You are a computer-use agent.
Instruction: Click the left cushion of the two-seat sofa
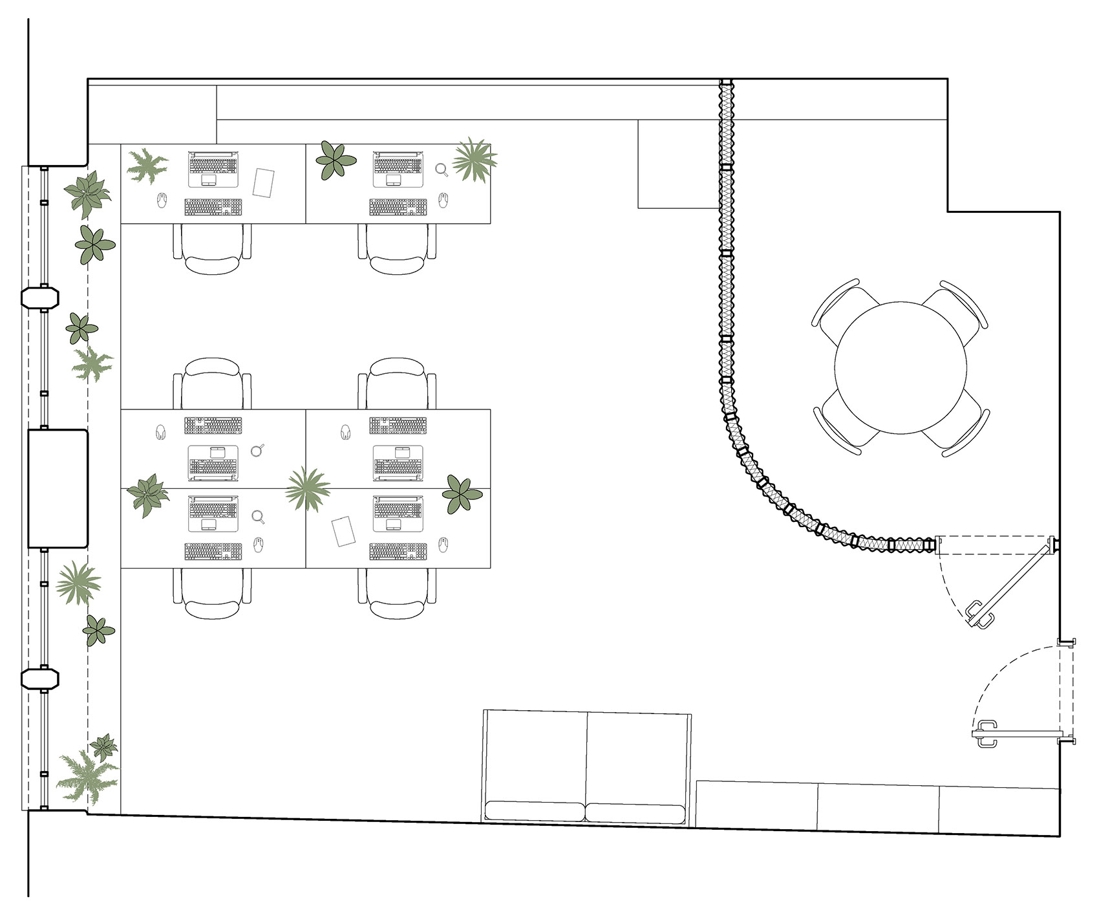click(x=535, y=812)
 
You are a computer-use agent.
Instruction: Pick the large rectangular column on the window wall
click(x=58, y=488)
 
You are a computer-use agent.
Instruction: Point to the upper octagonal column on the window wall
click(x=40, y=298)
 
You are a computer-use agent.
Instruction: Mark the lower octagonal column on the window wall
click(x=40, y=678)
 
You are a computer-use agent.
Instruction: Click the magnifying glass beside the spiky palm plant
click(x=442, y=169)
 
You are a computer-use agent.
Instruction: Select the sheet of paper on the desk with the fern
click(x=264, y=182)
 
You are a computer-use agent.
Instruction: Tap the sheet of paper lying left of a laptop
click(x=344, y=530)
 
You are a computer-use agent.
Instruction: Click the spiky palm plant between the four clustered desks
click(x=307, y=488)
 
